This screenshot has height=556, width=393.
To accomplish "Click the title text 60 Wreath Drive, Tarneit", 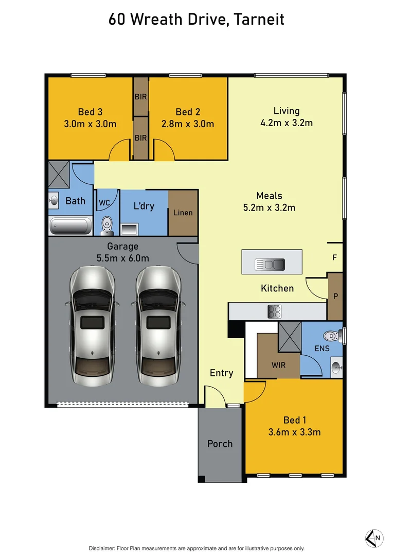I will [x=196, y=20].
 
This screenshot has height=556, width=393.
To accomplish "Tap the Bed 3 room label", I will [x=90, y=112].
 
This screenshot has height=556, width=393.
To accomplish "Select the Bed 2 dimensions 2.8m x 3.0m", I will [x=187, y=124].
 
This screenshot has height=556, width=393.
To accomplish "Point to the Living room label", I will [x=286, y=111].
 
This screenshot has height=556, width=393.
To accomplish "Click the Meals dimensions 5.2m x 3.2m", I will [x=269, y=208].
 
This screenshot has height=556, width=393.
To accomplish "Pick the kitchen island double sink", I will [x=270, y=265].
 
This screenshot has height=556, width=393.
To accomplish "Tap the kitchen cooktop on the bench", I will [x=274, y=311].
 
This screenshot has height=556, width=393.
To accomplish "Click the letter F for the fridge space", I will [x=334, y=257].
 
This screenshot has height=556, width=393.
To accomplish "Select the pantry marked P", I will [x=335, y=297].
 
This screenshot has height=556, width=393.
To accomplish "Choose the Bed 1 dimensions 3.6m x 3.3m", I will [x=294, y=432].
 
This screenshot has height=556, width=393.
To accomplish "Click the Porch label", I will [x=220, y=444].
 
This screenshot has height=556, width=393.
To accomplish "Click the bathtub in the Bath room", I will [x=71, y=225].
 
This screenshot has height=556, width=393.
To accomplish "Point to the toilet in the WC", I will [x=107, y=223].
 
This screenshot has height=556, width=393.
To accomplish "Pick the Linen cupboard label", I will [x=183, y=213].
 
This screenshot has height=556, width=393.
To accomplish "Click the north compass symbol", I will [x=373, y=538].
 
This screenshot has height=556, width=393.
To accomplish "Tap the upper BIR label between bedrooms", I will [x=140, y=96].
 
